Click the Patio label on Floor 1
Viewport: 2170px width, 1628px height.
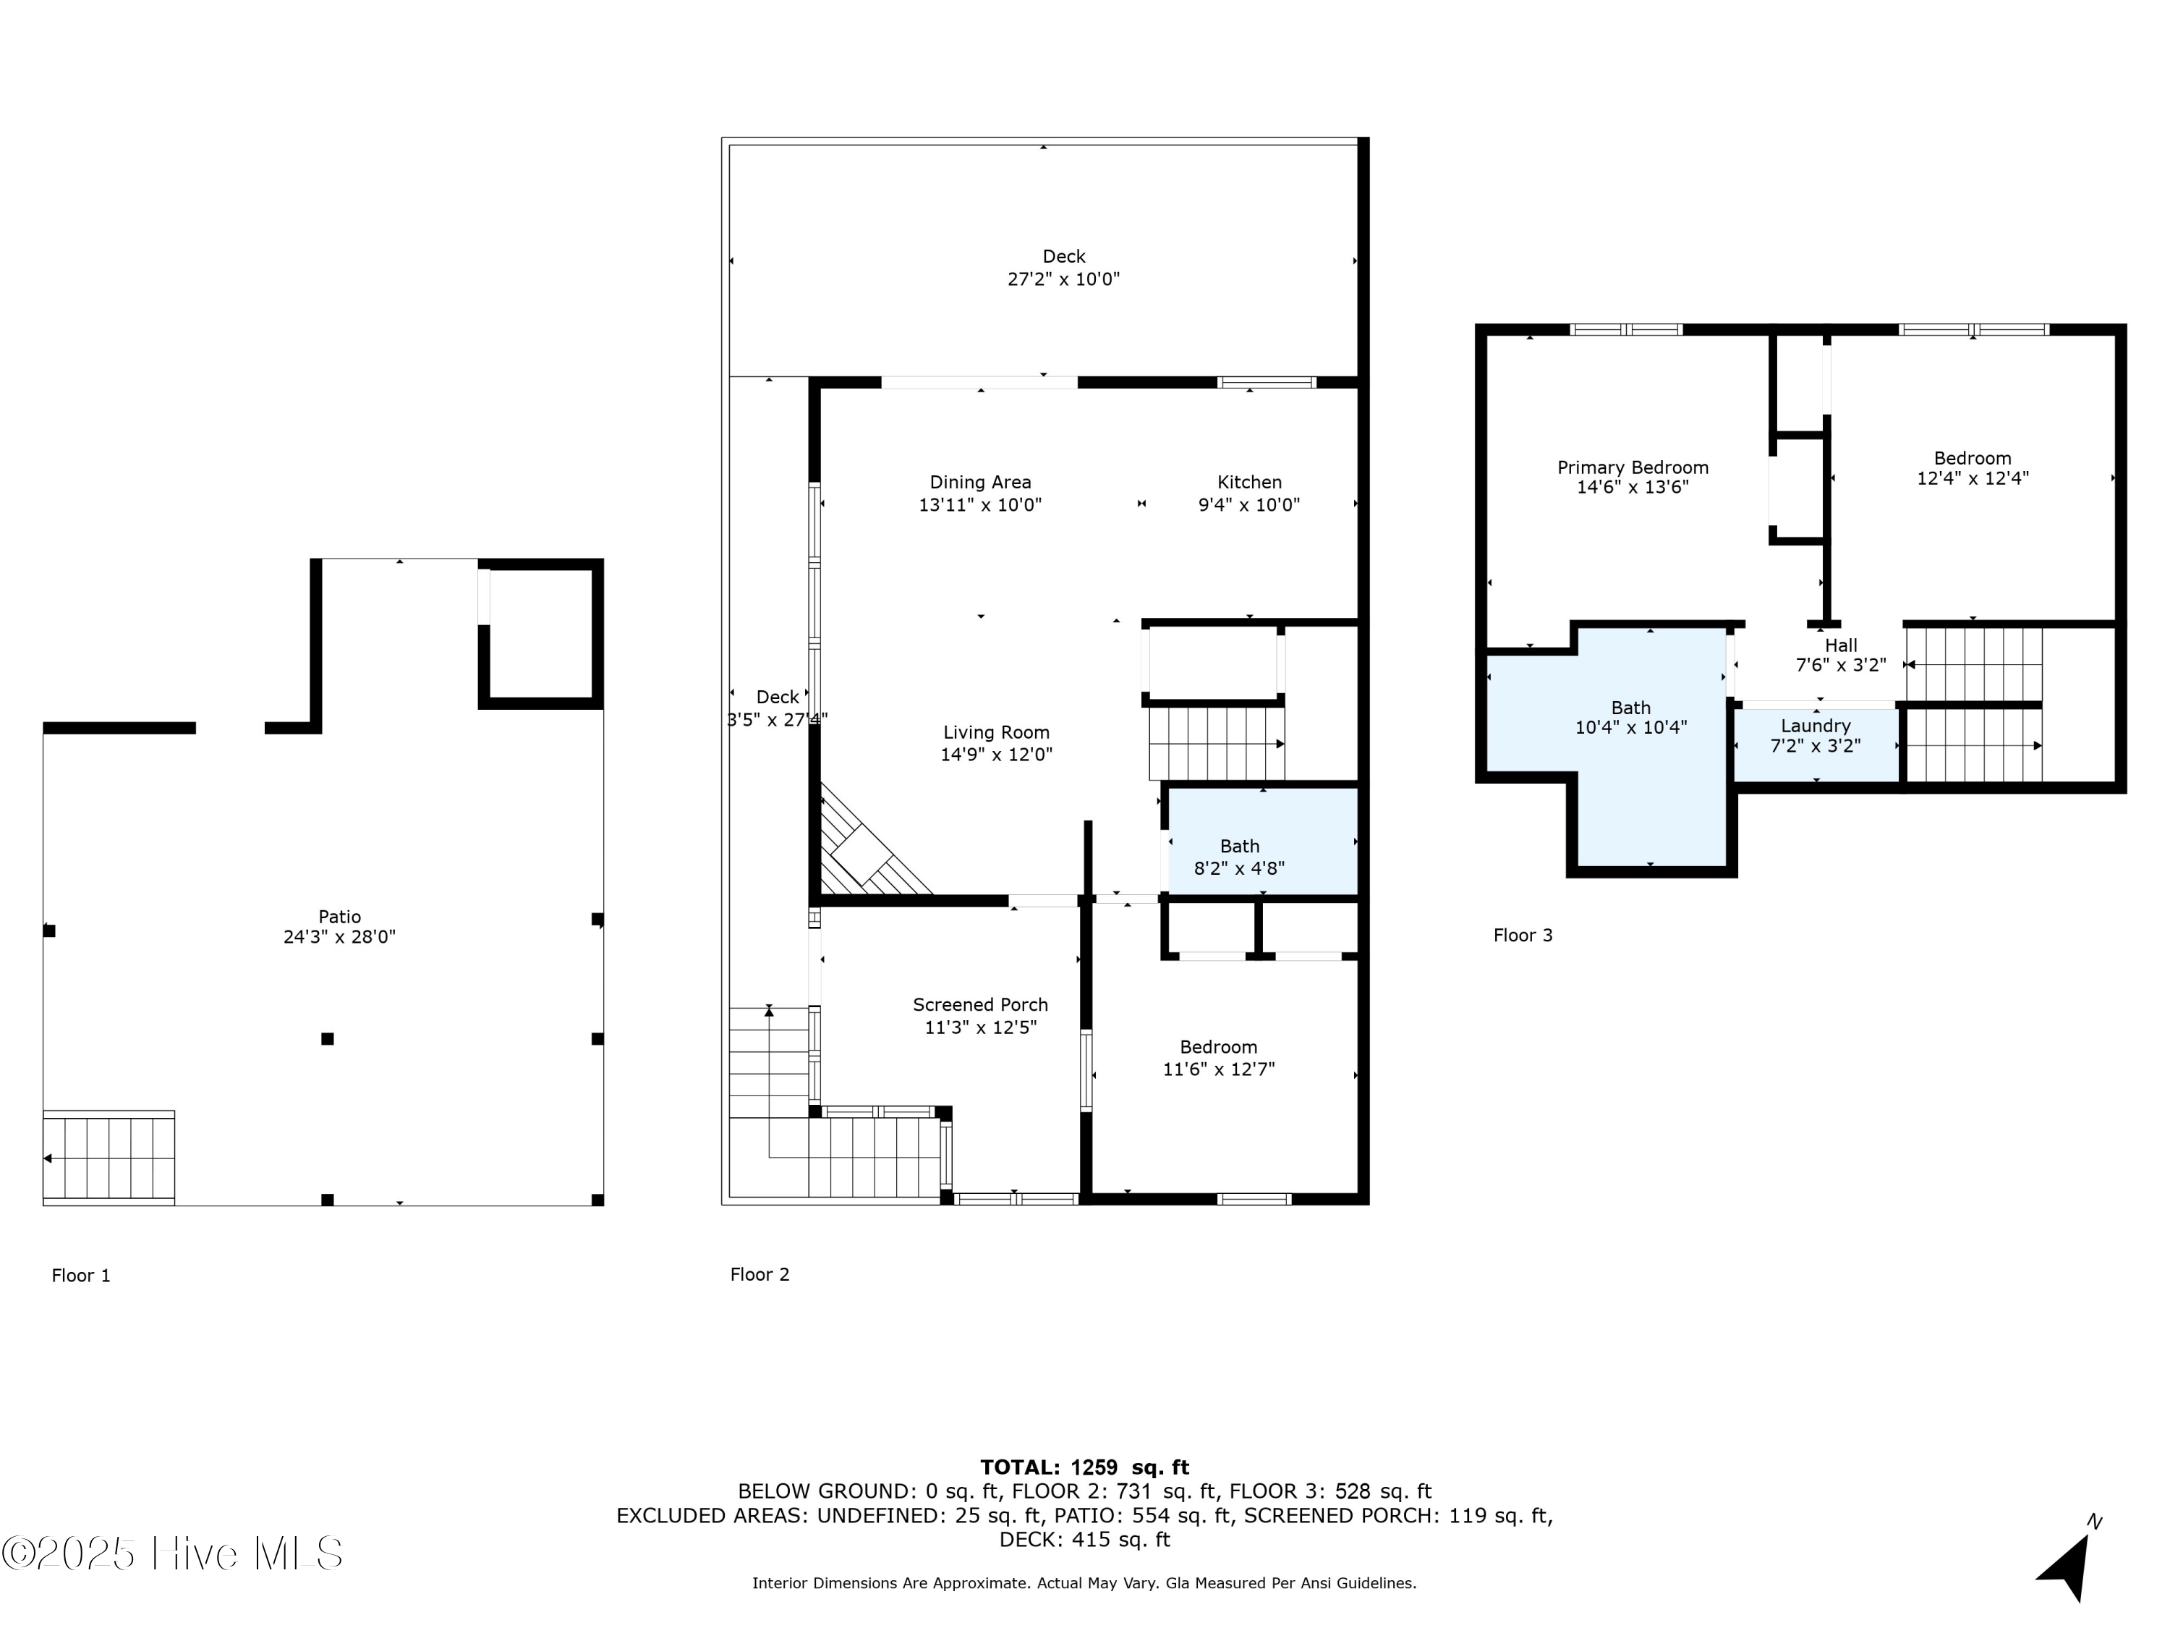(339, 917)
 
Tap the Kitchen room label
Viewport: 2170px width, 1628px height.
(1248, 482)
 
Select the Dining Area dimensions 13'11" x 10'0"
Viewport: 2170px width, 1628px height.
(979, 505)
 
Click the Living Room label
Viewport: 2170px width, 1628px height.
(996, 732)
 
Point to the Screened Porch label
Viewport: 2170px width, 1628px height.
(980, 1005)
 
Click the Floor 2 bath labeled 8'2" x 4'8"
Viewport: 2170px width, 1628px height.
(1239, 857)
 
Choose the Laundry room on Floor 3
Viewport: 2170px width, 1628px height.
(1815, 736)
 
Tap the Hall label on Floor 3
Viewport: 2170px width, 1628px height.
(1840, 645)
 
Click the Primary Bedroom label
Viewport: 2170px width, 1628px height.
(1633, 468)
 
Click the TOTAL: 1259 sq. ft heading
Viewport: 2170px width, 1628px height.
(1084, 1467)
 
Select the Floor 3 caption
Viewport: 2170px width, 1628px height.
(1523, 935)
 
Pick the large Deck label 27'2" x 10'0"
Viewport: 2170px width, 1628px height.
(1063, 268)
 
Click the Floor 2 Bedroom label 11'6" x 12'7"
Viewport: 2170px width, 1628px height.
(1217, 1058)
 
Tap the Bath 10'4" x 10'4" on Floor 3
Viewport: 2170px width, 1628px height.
(1630, 717)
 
